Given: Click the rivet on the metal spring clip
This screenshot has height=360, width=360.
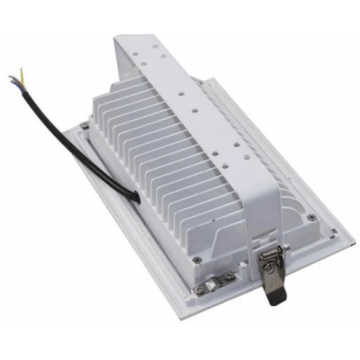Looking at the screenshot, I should click(268, 262).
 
